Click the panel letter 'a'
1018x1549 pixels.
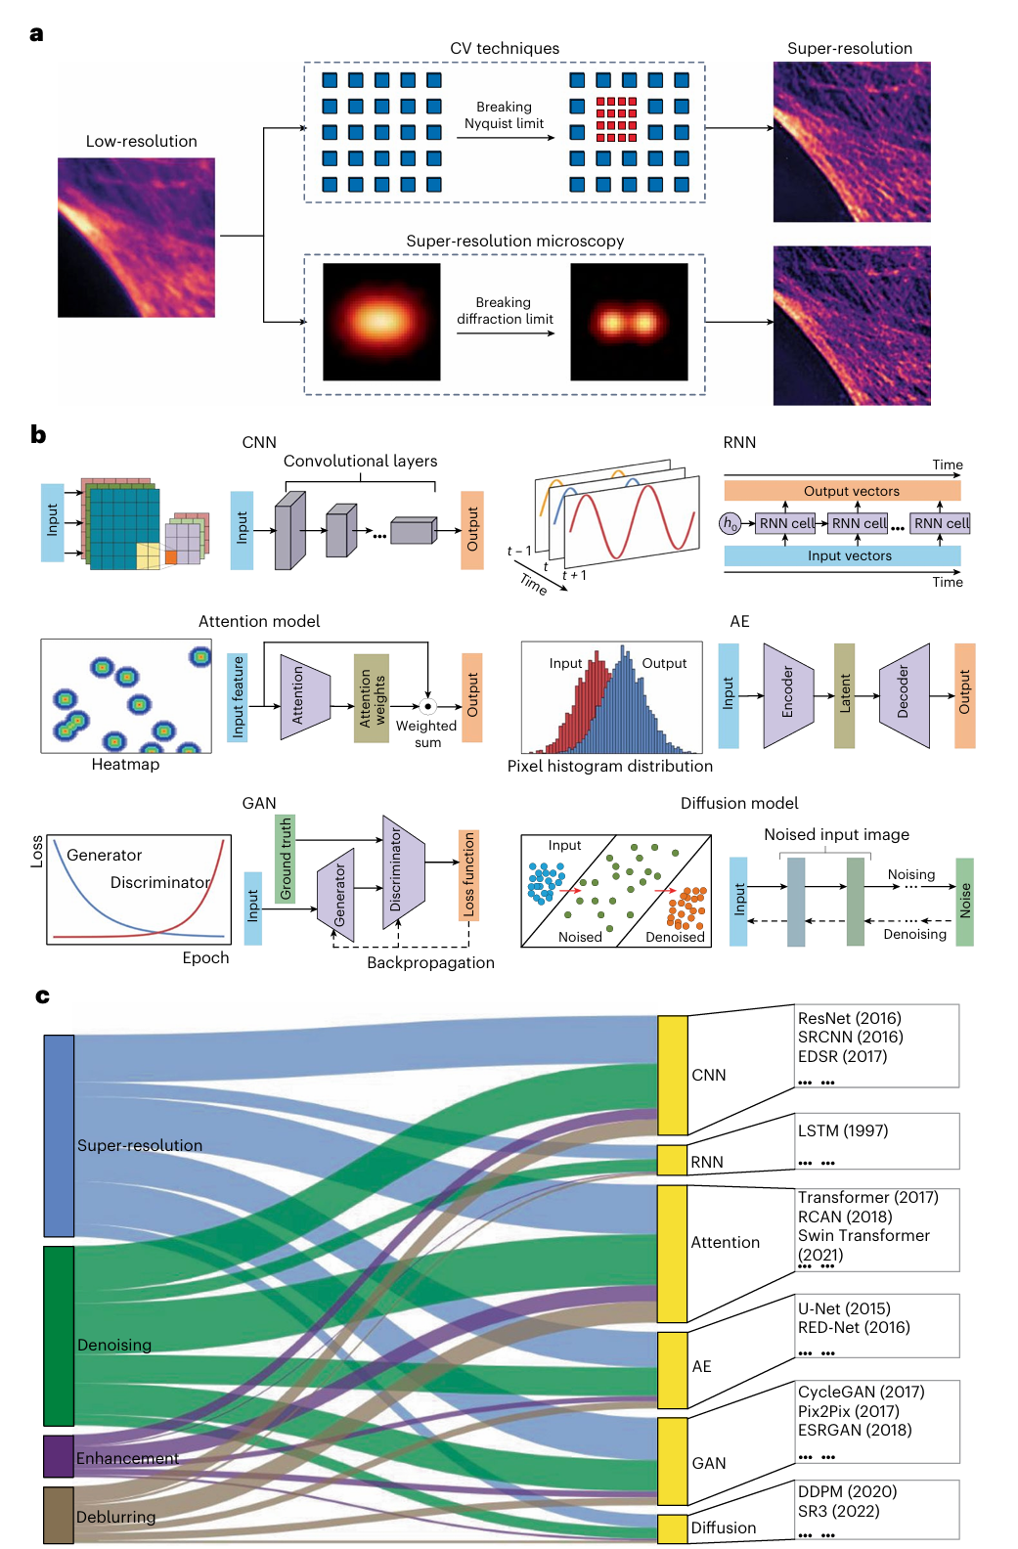point(37,34)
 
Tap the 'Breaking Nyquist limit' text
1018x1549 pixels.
point(504,115)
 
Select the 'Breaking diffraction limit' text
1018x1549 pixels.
point(505,311)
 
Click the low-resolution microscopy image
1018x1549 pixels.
point(136,238)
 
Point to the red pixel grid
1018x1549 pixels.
point(616,119)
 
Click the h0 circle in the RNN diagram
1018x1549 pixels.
point(730,523)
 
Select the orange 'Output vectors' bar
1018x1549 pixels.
point(842,491)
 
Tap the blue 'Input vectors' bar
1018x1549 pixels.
point(842,555)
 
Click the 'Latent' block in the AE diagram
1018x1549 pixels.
point(844,695)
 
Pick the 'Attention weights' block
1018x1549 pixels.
point(372,698)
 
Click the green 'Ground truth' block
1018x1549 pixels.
point(286,859)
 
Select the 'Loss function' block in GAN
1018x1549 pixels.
point(468,875)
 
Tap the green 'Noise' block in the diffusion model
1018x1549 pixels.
point(964,901)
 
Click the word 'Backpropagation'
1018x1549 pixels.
point(430,962)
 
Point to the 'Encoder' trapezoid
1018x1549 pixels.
point(788,695)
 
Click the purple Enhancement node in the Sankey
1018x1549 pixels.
point(59,1455)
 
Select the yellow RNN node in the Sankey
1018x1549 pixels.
point(672,1160)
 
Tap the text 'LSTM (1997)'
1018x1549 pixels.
point(843,1130)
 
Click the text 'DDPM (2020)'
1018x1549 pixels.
point(847,1491)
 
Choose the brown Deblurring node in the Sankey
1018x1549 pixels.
point(59,1515)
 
